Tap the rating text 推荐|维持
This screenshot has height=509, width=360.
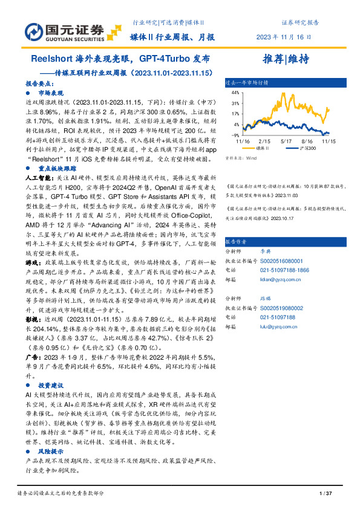pyautogui.click(x=286, y=59)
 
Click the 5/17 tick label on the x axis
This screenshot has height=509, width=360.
pyautogui.click(x=286, y=141)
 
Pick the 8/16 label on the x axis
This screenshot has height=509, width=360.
pyautogui.click(x=308, y=141)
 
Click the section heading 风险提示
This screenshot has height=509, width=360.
pyautogui.click(x=51, y=450)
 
